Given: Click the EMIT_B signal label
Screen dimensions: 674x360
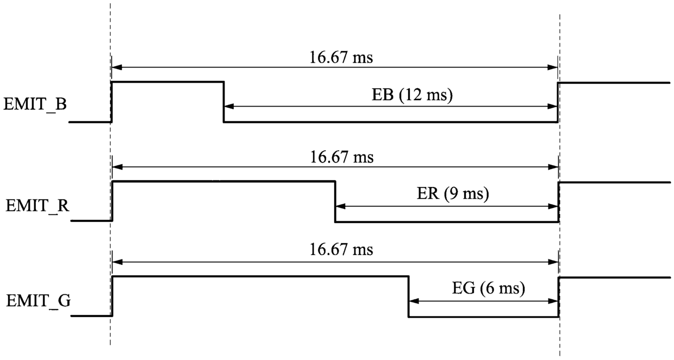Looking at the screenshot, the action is click(35, 105).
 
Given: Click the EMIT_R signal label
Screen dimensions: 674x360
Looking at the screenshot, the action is click(38, 206).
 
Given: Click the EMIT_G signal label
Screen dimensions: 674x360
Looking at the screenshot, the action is click(39, 301).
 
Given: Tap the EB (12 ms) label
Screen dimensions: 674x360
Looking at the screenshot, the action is click(412, 95).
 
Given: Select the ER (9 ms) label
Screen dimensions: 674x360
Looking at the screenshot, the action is click(453, 194).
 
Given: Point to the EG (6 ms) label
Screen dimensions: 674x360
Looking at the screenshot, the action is click(489, 288).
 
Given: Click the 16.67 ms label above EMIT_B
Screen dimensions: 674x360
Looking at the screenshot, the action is click(341, 57).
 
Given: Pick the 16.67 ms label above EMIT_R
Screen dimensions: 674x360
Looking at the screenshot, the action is click(342, 157).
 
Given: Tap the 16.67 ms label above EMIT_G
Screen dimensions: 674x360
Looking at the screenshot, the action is click(341, 250).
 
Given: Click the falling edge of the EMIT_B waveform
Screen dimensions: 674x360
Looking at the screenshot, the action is click(223, 102).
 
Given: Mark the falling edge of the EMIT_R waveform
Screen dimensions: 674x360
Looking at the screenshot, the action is click(335, 202).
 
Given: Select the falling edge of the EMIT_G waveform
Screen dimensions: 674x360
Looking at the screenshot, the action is click(409, 296).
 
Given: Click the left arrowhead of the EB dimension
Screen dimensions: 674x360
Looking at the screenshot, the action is click(229, 106).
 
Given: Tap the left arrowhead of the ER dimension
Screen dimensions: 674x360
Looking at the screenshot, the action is click(341, 207).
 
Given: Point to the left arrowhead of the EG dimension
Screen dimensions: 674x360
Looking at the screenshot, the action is click(414, 301).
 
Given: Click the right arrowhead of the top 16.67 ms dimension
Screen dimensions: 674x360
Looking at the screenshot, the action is click(552, 67).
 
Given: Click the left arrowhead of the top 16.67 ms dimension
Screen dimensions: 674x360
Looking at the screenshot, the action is click(117, 67).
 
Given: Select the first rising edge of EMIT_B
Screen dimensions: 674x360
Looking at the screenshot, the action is click(111, 102).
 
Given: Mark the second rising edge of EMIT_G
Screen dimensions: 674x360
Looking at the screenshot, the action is click(559, 297).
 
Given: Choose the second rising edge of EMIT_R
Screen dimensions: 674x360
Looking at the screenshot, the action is click(559, 202).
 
